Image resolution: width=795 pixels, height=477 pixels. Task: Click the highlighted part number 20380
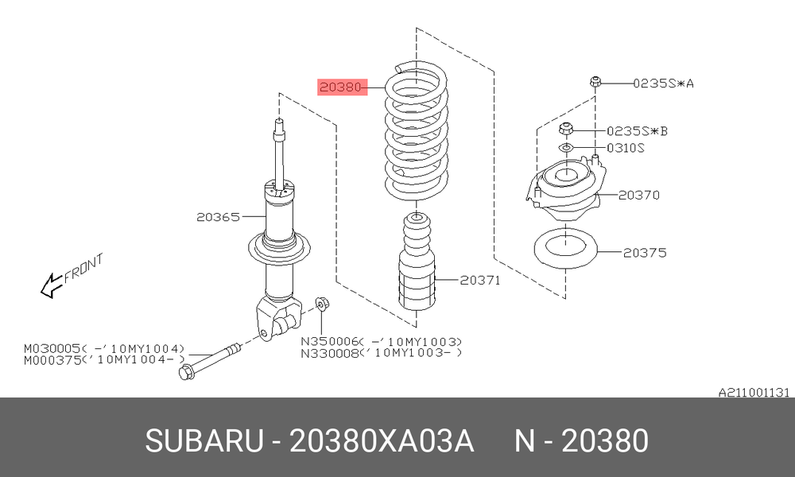341,87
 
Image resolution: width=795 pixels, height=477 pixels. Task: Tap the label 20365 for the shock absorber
218,217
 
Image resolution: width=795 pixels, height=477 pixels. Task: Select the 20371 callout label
479,280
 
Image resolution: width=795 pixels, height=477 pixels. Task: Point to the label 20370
639,195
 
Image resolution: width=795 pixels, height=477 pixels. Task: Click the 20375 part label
645,253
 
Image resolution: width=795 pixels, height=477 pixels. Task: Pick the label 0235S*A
663,83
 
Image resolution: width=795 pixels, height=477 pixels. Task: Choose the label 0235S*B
638,131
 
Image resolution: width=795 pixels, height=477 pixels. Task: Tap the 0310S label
626,148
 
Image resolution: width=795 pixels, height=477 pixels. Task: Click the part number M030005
52,349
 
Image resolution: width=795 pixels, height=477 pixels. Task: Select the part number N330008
330,353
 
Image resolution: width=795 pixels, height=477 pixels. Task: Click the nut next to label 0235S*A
595,81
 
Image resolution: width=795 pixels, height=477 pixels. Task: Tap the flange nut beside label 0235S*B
566,129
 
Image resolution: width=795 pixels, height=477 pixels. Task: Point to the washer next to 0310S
566,148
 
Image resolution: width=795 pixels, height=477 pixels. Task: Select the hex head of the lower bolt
185,373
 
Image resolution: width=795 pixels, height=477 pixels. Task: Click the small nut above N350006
322,304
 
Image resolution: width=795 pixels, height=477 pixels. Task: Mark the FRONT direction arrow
51,285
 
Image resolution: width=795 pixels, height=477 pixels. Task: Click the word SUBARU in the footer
204,440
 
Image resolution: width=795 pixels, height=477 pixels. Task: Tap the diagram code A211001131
754,393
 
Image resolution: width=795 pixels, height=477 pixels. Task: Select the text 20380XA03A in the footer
382,440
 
